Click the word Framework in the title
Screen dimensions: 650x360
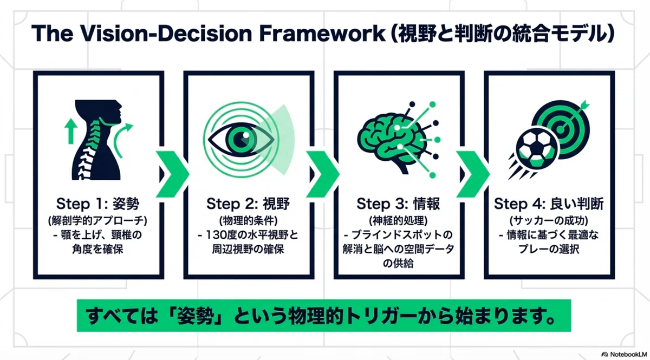(x=322, y=34)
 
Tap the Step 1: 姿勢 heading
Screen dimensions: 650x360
(x=98, y=204)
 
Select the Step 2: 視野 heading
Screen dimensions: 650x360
(x=248, y=204)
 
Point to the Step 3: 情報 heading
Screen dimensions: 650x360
(x=399, y=204)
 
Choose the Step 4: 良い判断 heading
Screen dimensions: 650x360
(x=549, y=204)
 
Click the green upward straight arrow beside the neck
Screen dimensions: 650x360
(x=70, y=132)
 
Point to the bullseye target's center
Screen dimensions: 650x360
(x=561, y=130)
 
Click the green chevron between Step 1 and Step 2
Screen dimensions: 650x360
(x=173, y=174)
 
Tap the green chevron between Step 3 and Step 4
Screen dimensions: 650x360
(x=473, y=174)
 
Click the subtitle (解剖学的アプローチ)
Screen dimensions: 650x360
(x=98, y=221)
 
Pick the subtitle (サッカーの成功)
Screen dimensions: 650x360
(x=549, y=221)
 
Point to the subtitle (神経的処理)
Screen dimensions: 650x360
(x=399, y=221)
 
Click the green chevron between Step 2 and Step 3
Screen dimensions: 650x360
(x=323, y=174)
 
